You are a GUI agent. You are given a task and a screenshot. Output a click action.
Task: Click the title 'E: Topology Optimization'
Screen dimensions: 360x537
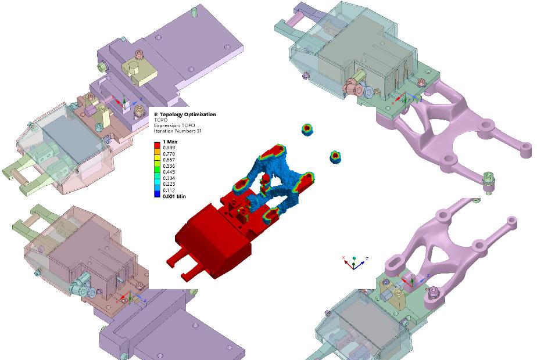pos(185,114)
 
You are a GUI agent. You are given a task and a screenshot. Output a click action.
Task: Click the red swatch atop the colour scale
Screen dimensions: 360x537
pos(157,143)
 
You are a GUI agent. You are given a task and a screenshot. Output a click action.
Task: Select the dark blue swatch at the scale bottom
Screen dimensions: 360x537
pos(157,195)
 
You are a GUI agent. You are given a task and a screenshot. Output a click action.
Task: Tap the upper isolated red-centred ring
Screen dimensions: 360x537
pos(307,129)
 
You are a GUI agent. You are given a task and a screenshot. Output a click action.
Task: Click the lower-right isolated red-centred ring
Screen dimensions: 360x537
pos(335,156)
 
